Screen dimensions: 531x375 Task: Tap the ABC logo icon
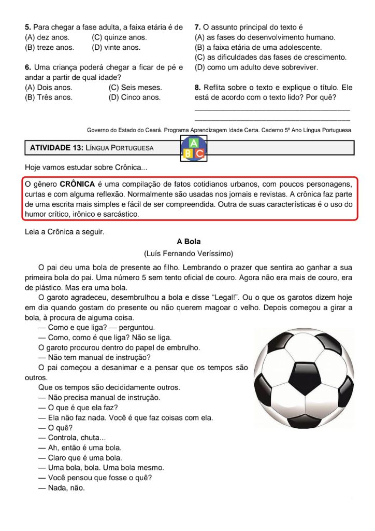point(194,148)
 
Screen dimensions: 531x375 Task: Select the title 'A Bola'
point(189,242)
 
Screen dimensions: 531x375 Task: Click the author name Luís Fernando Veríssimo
point(189,254)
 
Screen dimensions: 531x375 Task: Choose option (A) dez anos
point(47,37)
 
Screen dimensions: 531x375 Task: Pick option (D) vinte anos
point(116,47)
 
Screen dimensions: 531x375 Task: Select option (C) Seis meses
point(135,87)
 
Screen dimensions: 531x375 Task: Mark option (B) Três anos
point(49,97)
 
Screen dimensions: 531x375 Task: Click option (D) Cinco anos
point(135,97)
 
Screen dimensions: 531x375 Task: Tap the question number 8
point(197,87)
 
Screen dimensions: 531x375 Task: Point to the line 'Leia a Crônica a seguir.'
point(65,232)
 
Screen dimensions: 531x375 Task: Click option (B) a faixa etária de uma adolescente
point(258,47)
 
